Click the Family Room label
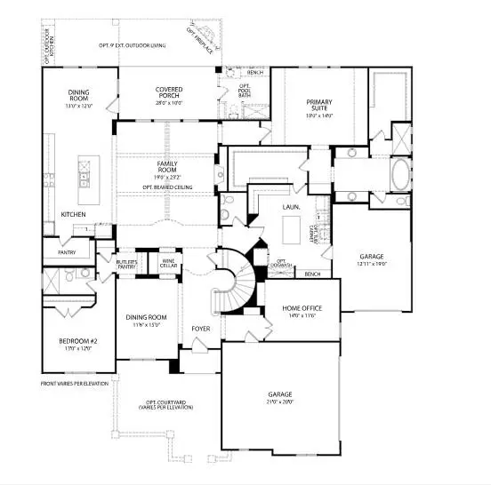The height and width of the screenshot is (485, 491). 166,164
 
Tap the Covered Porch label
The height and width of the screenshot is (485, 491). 168,90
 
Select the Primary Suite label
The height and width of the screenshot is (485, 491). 318,102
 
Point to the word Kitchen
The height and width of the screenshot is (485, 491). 73,214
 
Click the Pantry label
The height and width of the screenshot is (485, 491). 67,252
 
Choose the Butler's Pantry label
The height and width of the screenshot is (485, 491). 127,264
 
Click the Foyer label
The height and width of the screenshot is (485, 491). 201,329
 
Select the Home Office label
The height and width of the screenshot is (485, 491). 302,308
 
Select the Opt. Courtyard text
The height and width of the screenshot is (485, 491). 165,402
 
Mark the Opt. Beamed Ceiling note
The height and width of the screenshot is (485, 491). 166,187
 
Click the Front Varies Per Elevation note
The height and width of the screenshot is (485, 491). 74,383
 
